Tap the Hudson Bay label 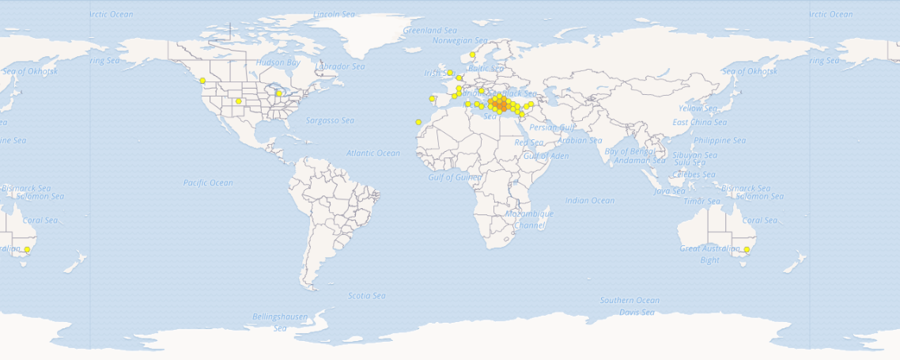point(278,62)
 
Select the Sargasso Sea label point(329,120)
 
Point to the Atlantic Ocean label point(373,153)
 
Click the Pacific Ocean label point(208,183)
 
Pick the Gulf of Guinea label point(455,177)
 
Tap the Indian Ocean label point(590,201)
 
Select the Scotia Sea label point(367,296)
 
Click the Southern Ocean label point(630,301)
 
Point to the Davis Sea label point(637,313)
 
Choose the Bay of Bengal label point(628,150)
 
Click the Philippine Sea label point(720,141)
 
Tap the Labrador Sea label point(341,66)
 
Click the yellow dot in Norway point(472,55)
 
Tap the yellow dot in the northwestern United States point(202,81)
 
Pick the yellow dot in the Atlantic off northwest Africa point(418,122)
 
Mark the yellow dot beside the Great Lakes point(279,93)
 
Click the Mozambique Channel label point(529,219)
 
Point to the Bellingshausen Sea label point(280,322)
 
